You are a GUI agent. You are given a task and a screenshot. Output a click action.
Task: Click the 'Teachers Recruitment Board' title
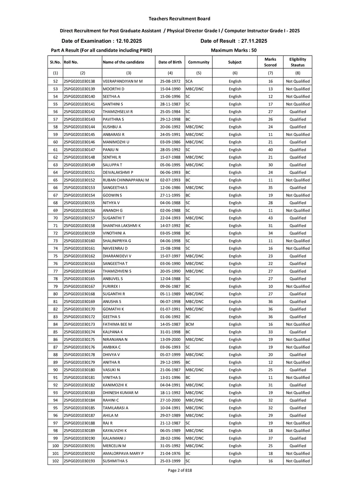click(179, 18)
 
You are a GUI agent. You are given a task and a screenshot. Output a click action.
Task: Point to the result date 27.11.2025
click(252, 41)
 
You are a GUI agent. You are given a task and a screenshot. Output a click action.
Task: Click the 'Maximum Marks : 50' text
click(234, 50)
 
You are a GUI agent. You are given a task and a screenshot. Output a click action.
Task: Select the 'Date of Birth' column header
click(170, 62)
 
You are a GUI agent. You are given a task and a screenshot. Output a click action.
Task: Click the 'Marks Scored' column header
click(270, 62)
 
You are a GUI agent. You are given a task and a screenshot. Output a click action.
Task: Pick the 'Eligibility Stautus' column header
click(298, 62)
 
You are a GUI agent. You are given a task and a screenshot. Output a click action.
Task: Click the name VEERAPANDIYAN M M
click(123, 81)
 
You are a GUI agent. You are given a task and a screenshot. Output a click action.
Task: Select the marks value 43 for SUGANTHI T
click(270, 218)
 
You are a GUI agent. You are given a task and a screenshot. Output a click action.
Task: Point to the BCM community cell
click(190, 324)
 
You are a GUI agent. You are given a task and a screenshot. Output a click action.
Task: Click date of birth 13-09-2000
click(170, 340)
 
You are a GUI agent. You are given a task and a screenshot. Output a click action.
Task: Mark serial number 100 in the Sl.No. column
click(55, 446)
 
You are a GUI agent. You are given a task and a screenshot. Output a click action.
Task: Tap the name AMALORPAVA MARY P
click(123, 453)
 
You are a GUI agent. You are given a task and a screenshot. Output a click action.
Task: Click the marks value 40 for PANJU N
click(270, 150)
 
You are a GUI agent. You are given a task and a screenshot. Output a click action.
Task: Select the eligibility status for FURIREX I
click(298, 286)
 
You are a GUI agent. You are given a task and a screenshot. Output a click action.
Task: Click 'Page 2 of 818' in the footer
click(180, 470)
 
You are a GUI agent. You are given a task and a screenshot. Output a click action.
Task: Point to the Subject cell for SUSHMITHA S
click(235, 461)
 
